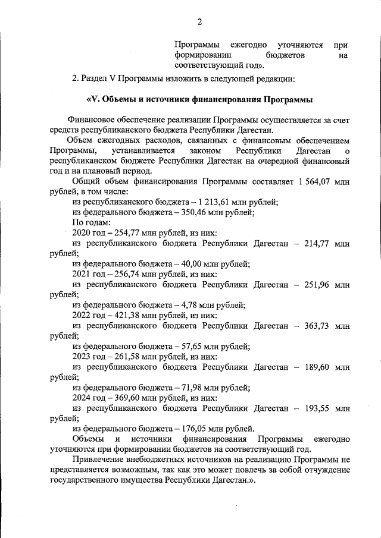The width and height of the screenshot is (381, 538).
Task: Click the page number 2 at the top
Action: point(200,22)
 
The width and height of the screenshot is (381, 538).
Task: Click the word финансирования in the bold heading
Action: point(220,99)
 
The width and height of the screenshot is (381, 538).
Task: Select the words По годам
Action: point(89,223)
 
